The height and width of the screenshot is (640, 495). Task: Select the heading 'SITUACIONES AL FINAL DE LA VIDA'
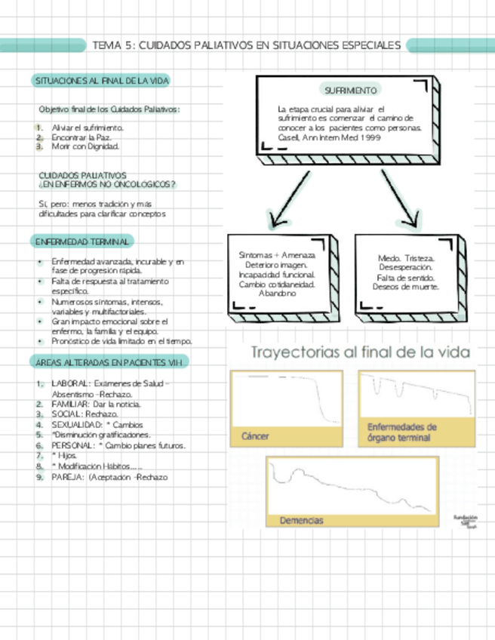coord(101,80)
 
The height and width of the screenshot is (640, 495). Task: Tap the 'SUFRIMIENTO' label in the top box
coord(350,91)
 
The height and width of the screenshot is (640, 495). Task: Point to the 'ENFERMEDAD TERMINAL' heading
coord(81,241)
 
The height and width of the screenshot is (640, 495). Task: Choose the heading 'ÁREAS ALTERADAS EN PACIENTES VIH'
coord(109,363)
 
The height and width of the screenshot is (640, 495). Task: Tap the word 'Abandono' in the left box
coord(277,294)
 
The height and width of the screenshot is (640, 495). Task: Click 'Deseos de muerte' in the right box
coord(406,287)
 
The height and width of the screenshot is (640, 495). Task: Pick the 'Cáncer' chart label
coord(255,436)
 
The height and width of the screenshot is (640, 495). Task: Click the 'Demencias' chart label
coord(302,521)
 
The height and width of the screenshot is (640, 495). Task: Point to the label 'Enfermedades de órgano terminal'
coord(401,432)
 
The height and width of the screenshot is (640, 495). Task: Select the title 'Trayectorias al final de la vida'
coord(360,352)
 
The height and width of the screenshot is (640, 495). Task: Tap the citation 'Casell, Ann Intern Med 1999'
coord(318,139)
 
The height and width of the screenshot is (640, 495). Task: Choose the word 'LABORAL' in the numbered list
coord(70,383)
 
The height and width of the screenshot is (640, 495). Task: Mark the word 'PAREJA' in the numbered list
coord(67,477)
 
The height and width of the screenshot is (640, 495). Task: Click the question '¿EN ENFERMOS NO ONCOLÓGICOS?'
coord(106,184)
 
